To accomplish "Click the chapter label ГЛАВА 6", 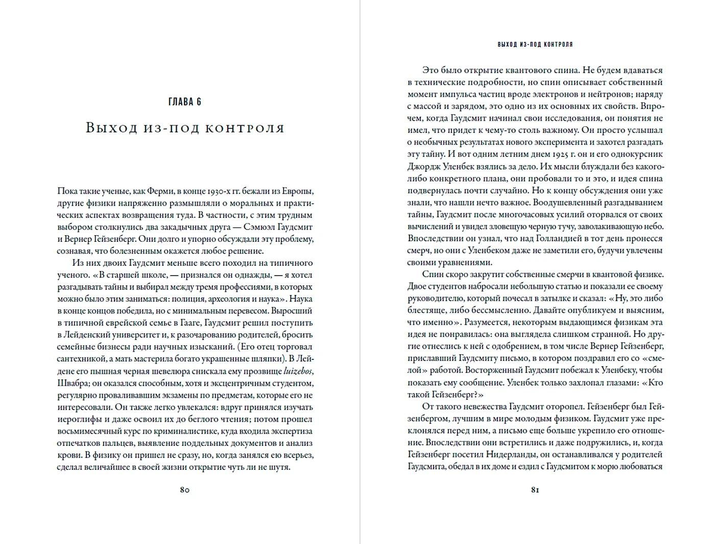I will click(x=184, y=102).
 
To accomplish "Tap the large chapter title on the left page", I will click(x=185, y=128).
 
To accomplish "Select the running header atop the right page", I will click(x=535, y=44).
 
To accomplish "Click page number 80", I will click(x=185, y=489).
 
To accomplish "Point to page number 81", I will click(x=535, y=489).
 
